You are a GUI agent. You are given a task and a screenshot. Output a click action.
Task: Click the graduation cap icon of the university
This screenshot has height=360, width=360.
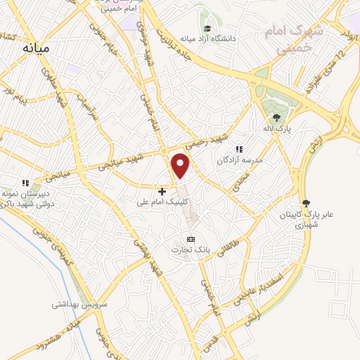[207, 28]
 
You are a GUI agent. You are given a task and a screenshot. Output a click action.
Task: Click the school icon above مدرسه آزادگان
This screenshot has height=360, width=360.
[239, 149]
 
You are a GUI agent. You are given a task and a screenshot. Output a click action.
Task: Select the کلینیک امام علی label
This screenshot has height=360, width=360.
[163, 202]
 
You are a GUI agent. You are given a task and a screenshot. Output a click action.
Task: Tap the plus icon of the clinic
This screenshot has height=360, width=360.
[162, 191]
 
